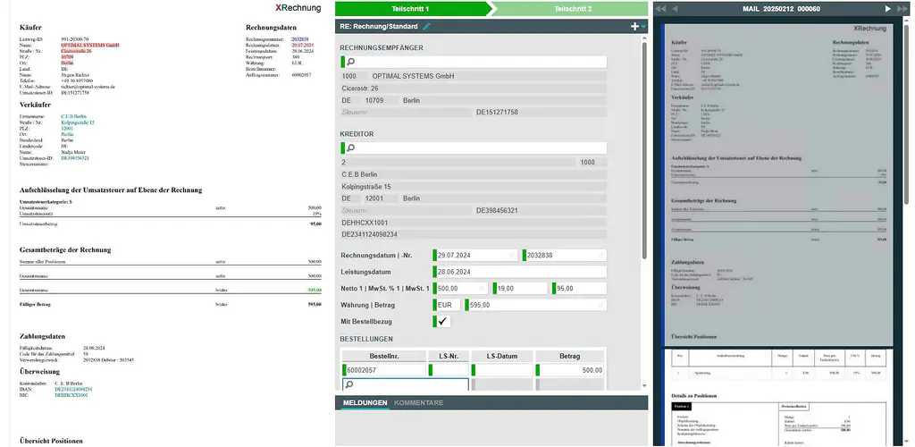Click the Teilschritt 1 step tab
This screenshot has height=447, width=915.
[x=410, y=8]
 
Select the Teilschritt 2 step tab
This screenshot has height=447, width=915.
[x=573, y=8]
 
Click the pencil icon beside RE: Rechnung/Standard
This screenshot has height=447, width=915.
[x=427, y=27]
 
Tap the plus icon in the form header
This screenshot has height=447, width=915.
[x=634, y=27]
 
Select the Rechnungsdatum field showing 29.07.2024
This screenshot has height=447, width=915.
[x=474, y=256]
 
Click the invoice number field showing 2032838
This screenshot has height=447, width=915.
[x=563, y=256]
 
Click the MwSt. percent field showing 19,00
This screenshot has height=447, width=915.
[x=520, y=289]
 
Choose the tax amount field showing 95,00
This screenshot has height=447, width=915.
[x=579, y=289]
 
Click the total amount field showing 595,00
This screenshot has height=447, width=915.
[x=536, y=305]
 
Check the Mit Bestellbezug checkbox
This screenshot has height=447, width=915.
[x=442, y=321]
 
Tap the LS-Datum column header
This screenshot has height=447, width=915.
[x=500, y=356]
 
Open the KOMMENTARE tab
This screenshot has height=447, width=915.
[x=418, y=403]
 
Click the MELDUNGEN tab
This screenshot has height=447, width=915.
[x=365, y=403]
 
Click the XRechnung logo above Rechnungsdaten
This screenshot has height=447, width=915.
[x=298, y=8]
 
